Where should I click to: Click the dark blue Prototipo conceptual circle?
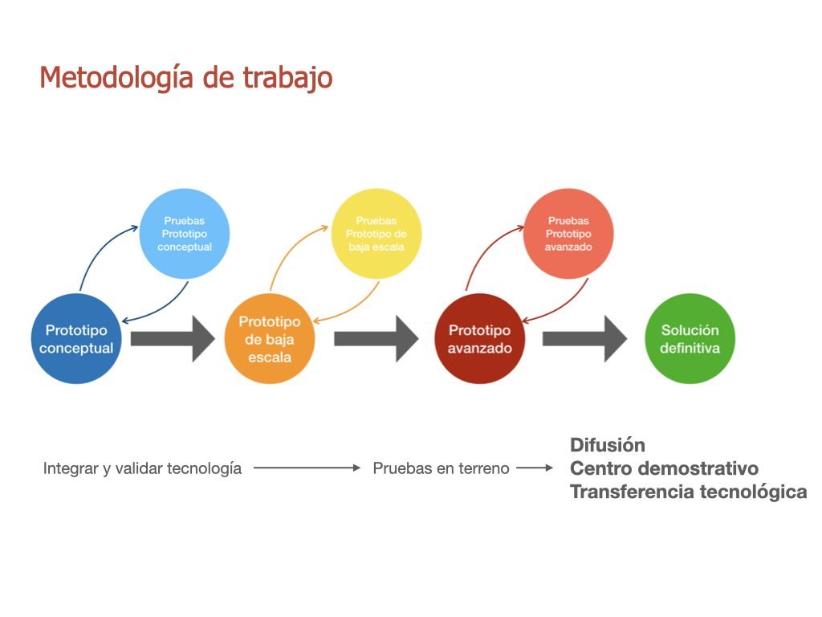tap(76, 339)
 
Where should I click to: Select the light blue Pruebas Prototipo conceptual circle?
tap(185, 234)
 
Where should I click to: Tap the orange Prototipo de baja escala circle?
tap(270, 339)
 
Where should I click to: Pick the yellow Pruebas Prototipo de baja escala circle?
tap(376, 234)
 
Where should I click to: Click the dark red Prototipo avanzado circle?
tap(480, 339)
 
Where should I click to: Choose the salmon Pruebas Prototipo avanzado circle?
tap(568, 234)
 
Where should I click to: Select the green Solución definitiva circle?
tap(690, 339)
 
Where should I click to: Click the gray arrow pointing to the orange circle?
tap(173, 339)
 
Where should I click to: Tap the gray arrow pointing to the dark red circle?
tap(376, 339)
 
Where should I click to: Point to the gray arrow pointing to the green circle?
tap(585, 339)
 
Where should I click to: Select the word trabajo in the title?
tap(287, 78)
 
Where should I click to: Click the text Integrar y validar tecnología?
tap(142, 468)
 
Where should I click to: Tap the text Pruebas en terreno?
tap(441, 468)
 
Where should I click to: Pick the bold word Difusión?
tap(608, 445)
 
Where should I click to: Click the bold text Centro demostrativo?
tap(664, 468)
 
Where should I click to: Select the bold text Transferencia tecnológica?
tap(688, 492)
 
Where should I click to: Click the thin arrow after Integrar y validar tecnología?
tap(307, 468)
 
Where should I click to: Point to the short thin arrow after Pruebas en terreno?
tap(535, 468)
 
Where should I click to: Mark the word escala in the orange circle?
tap(270, 358)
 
